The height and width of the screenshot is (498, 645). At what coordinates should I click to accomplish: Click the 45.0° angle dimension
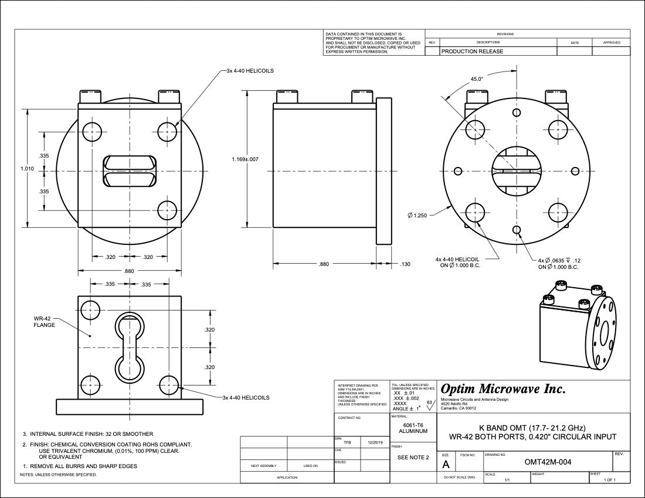[x=477, y=79]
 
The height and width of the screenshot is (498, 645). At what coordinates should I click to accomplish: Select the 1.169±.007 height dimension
[x=246, y=159]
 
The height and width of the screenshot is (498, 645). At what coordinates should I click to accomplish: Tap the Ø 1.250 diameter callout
[x=417, y=216]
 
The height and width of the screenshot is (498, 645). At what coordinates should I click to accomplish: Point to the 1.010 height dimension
[x=28, y=169]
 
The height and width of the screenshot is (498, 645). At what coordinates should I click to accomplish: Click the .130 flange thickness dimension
[x=405, y=264]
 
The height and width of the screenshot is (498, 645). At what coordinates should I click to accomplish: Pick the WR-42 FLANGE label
[x=44, y=321]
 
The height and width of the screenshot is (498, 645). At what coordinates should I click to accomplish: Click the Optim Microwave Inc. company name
[x=503, y=389]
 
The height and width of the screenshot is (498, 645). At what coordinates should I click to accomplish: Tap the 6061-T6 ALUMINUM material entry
[x=413, y=428]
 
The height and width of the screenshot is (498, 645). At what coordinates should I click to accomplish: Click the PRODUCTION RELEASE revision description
[x=472, y=52]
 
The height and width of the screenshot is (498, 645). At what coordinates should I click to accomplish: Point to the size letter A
[x=446, y=465]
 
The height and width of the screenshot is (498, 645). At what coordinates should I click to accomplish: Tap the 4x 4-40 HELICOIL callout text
[x=457, y=262]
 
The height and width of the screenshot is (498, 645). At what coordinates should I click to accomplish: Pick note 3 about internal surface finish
[x=88, y=434]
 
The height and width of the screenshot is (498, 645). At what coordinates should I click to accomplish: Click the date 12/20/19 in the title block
[x=376, y=443]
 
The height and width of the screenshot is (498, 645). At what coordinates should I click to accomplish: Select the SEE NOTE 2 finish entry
[x=413, y=457]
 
